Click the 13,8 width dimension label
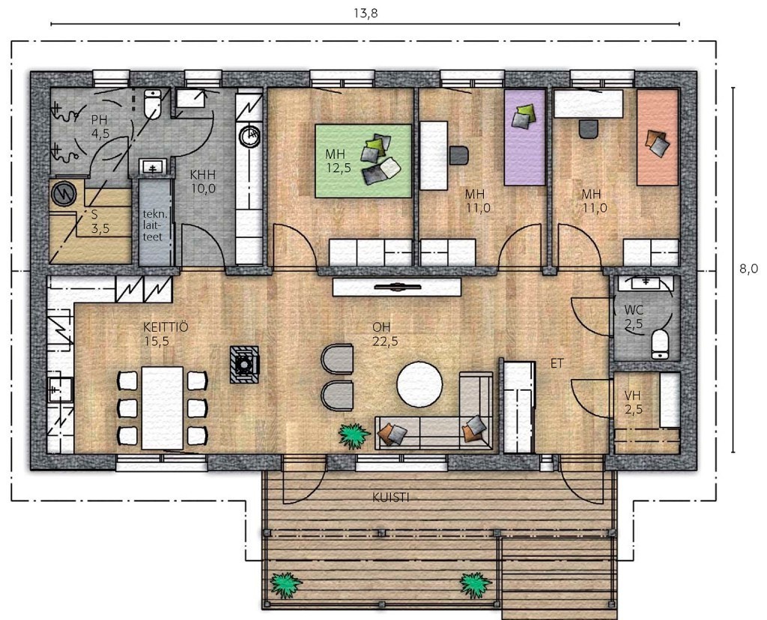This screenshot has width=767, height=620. pyautogui.click(x=366, y=13)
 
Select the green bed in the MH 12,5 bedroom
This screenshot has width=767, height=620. pyautogui.click(x=363, y=161)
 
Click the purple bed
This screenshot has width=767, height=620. pyautogui.click(x=525, y=137)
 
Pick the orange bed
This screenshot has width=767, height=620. pyautogui.click(x=658, y=137)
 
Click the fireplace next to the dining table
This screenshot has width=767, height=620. pyautogui.click(x=245, y=364)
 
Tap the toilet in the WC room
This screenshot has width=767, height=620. pyautogui.click(x=661, y=344)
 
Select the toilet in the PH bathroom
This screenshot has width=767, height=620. pyautogui.click(x=153, y=104)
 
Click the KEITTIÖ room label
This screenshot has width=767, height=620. pyautogui.click(x=166, y=327)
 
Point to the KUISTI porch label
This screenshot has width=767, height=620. pyautogui.click(x=391, y=498)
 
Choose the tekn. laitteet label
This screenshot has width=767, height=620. pyautogui.click(x=152, y=225)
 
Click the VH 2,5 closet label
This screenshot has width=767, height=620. pyautogui.click(x=633, y=402)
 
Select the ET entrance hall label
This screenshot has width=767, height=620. pyautogui.click(x=557, y=363)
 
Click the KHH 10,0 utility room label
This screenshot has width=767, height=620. pyautogui.click(x=203, y=181)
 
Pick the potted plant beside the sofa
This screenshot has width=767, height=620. pyautogui.click(x=354, y=435)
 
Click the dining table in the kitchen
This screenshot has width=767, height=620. pyautogui.click(x=163, y=408)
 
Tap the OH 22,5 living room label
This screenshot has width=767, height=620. pyautogui.click(x=385, y=334)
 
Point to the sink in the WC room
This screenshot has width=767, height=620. pyautogui.click(x=646, y=282)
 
